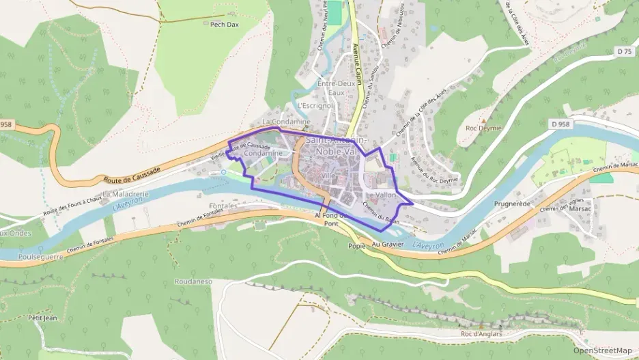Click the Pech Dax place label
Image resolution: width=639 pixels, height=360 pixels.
tap(224, 24)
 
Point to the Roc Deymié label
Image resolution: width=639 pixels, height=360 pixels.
tap(483, 128)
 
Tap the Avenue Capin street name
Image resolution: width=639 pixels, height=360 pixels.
tap(356, 65)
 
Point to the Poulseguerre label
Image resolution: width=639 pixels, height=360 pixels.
tap(42, 257)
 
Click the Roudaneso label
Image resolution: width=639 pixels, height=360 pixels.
tap(193, 281)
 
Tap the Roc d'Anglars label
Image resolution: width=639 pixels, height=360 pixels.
tap(481, 333)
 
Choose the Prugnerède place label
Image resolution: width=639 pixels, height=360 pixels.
tap(512, 204)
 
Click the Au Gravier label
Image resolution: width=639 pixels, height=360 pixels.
tap(388, 244)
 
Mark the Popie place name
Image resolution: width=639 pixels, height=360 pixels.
tap(357, 246)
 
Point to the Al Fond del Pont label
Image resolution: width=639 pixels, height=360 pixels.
tap(336, 219)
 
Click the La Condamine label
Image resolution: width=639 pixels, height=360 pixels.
tap(286, 122)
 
